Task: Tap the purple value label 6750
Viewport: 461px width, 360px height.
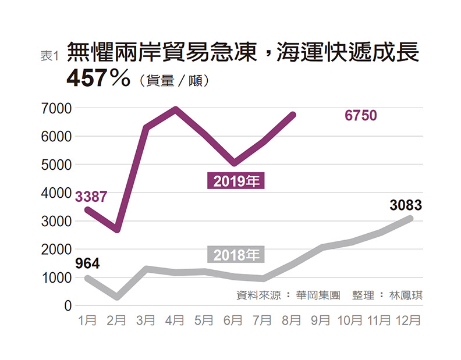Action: click(x=361, y=115)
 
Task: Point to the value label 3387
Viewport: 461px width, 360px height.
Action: click(x=91, y=197)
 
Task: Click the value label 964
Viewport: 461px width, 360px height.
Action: click(x=87, y=263)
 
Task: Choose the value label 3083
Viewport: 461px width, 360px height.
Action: click(x=406, y=205)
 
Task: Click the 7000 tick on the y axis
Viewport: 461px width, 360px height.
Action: click(x=56, y=108)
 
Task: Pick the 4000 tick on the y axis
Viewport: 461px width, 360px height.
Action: click(x=56, y=193)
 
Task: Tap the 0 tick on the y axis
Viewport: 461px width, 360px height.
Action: click(x=68, y=306)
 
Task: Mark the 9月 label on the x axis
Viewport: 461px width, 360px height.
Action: click(x=320, y=320)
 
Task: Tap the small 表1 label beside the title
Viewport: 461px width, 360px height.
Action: click(x=50, y=56)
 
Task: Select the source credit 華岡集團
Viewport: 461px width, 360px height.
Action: click(x=318, y=295)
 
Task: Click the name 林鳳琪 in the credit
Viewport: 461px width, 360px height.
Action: click(x=406, y=295)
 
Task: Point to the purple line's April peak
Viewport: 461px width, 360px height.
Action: click(x=175, y=109)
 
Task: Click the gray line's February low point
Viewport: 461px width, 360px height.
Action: click(x=118, y=297)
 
